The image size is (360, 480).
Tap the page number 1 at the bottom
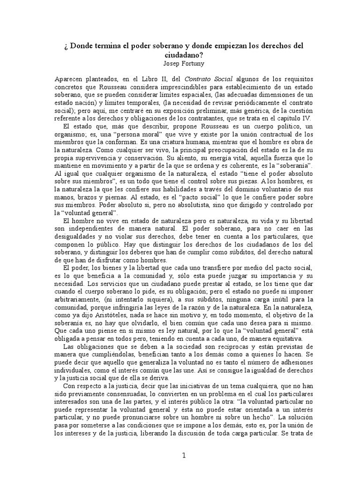[x=184, y=455]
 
